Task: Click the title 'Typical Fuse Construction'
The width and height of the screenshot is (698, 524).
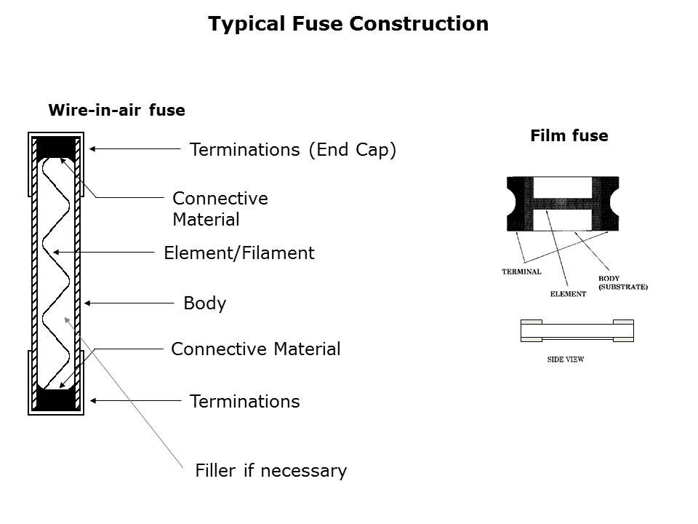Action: [x=348, y=24]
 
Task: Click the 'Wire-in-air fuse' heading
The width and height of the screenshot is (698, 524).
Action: [x=116, y=111]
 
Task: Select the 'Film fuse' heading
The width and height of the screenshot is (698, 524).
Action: [x=569, y=135]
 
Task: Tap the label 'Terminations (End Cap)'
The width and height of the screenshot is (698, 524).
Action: [x=292, y=150]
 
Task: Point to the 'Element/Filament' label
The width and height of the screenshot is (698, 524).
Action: [x=239, y=253]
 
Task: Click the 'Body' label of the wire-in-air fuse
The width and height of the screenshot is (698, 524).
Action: [x=205, y=303]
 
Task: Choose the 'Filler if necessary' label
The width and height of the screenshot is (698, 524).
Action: [x=270, y=471]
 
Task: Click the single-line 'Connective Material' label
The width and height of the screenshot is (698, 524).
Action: [x=255, y=349]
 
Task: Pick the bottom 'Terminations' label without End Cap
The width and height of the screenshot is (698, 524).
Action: [x=244, y=401]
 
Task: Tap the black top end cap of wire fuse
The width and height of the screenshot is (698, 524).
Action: [x=56, y=148]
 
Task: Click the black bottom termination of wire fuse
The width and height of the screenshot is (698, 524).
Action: [x=56, y=400]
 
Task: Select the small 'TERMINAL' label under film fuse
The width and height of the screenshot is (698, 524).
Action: [x=521, y=272]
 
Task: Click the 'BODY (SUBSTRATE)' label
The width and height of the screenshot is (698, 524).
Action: [x=622, y=283]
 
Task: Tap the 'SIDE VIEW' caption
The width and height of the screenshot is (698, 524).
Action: [x=566, y=360]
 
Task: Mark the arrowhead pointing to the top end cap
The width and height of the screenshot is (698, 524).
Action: [x=92, y=148]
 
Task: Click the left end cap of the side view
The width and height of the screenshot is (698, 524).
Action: [x=531, y=330]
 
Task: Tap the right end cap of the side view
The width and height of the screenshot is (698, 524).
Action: [x=623, y=330]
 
